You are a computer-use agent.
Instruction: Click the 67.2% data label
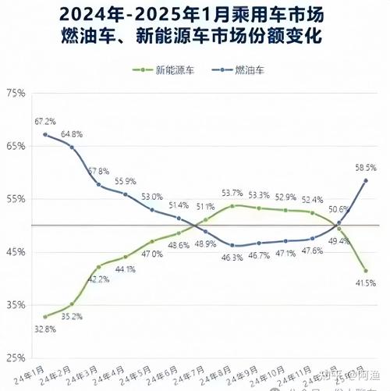coord(44,121)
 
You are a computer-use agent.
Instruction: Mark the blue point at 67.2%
coord(44,134)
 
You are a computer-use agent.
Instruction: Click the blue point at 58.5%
coord(365,180)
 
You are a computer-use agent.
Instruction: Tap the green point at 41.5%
coord(365,271)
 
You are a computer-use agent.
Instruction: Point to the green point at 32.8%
coord(44,317)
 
